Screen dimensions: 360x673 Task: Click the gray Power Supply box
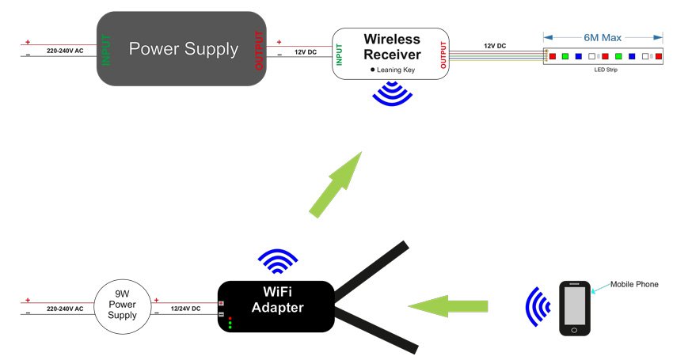click(x=181, y=49)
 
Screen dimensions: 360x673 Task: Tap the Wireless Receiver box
click(x=390, y=53)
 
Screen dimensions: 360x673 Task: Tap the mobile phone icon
click(x=575, y=308)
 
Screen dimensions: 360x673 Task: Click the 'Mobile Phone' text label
click(x=634, y=284)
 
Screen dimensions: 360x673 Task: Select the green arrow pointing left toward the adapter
click(x=448, y=305)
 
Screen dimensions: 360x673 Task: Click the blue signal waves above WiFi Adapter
click(x=278, y=261)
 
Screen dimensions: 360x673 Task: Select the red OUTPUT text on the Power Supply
click(x=259, y=49)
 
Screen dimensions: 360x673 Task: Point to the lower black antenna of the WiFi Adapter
click(x=377, y=328)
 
